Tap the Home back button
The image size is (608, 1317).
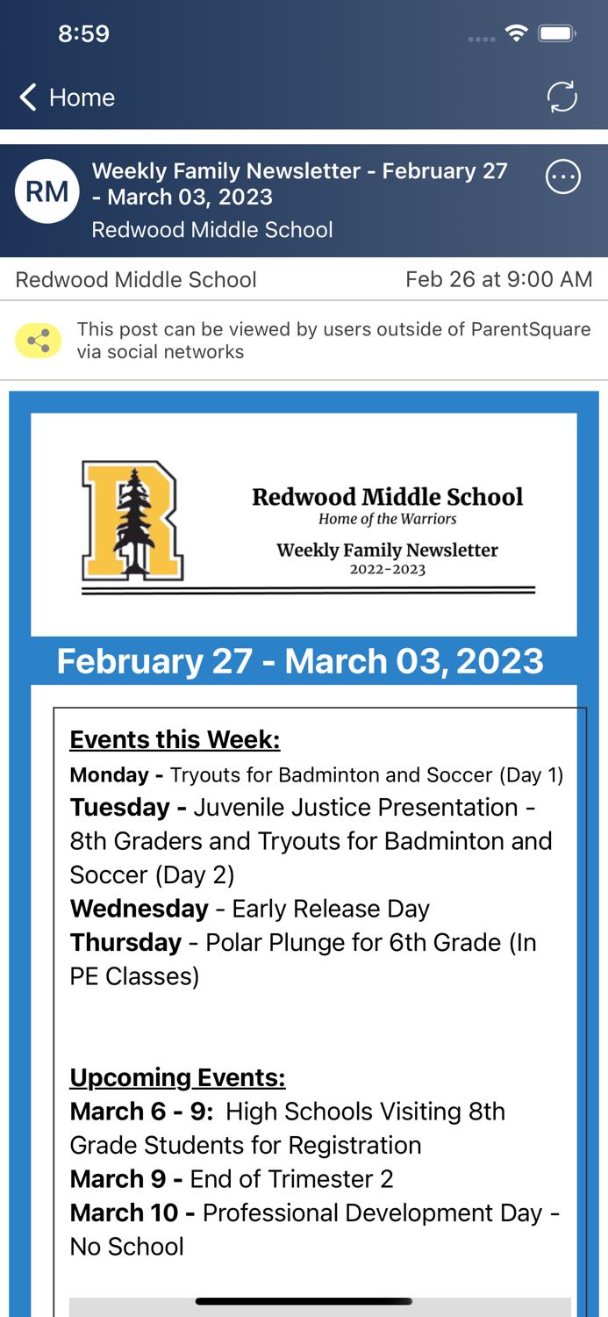click(67, 97)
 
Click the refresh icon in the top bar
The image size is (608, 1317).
click(562, 97)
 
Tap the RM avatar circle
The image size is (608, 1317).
click(47, 191)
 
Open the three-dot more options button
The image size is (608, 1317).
click(563, 176)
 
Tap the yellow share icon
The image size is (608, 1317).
click(39, 341)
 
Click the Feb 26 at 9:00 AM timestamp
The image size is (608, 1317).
click(498, 279)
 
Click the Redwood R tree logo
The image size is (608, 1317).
click(132, 521)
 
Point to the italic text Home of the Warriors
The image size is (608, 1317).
click(388, 519)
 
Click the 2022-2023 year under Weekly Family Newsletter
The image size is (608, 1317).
click(388, 569)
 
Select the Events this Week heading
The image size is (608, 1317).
click(175, 739)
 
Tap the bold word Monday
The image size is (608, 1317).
click(110, 775)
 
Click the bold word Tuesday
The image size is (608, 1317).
click(120, 808)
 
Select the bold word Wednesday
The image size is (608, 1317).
click(139, 909)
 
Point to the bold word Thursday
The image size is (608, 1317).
click(125, 942)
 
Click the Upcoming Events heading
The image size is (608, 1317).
click(177, 1077)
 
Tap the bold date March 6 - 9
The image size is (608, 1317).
click(141, 1112)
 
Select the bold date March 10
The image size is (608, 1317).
click(124, 1213)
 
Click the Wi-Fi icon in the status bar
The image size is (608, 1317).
click(517, 33)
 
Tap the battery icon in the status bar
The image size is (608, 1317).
click(557, 33)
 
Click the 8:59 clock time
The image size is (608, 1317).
click(83, 33)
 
